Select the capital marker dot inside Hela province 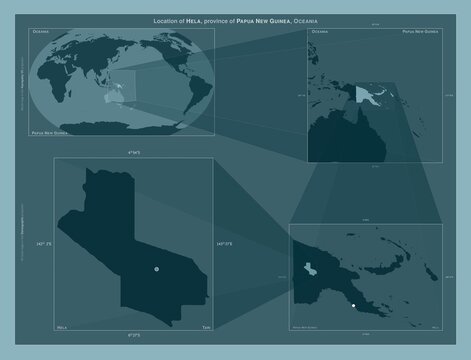pos(157,269)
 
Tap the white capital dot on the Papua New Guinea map pos(354,305)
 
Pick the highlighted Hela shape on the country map pos(312,269)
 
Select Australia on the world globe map pos(110,98)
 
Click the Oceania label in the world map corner pos(43,33)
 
